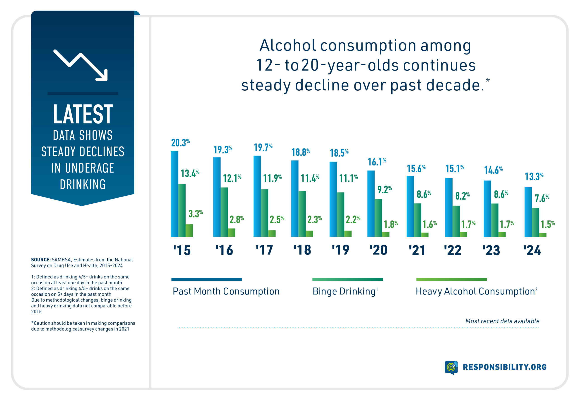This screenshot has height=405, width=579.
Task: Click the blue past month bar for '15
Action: click(175, 194)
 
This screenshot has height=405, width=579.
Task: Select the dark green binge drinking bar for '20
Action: click(378, 218)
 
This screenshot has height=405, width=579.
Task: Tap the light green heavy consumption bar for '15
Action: click(189, 231)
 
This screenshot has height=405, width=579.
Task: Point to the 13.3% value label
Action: click(534, 177)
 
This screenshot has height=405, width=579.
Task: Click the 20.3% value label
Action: click(180, 143)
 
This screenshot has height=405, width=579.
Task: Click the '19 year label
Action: click(340, 250)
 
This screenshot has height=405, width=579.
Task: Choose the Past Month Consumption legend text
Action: click(226, 291)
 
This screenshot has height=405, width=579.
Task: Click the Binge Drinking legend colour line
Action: click(347, 279)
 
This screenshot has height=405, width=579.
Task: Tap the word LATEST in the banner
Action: click(83, 114)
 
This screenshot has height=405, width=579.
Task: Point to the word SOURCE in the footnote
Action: click(41, 260)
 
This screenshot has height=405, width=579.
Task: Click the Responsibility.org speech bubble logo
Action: click(451, 367)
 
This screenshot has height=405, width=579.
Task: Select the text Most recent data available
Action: click(502, 321)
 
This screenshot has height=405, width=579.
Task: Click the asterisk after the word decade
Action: click(488, 80)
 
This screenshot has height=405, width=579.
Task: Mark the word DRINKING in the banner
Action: click(83, 184)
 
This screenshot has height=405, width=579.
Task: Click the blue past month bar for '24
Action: click(528, 212)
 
